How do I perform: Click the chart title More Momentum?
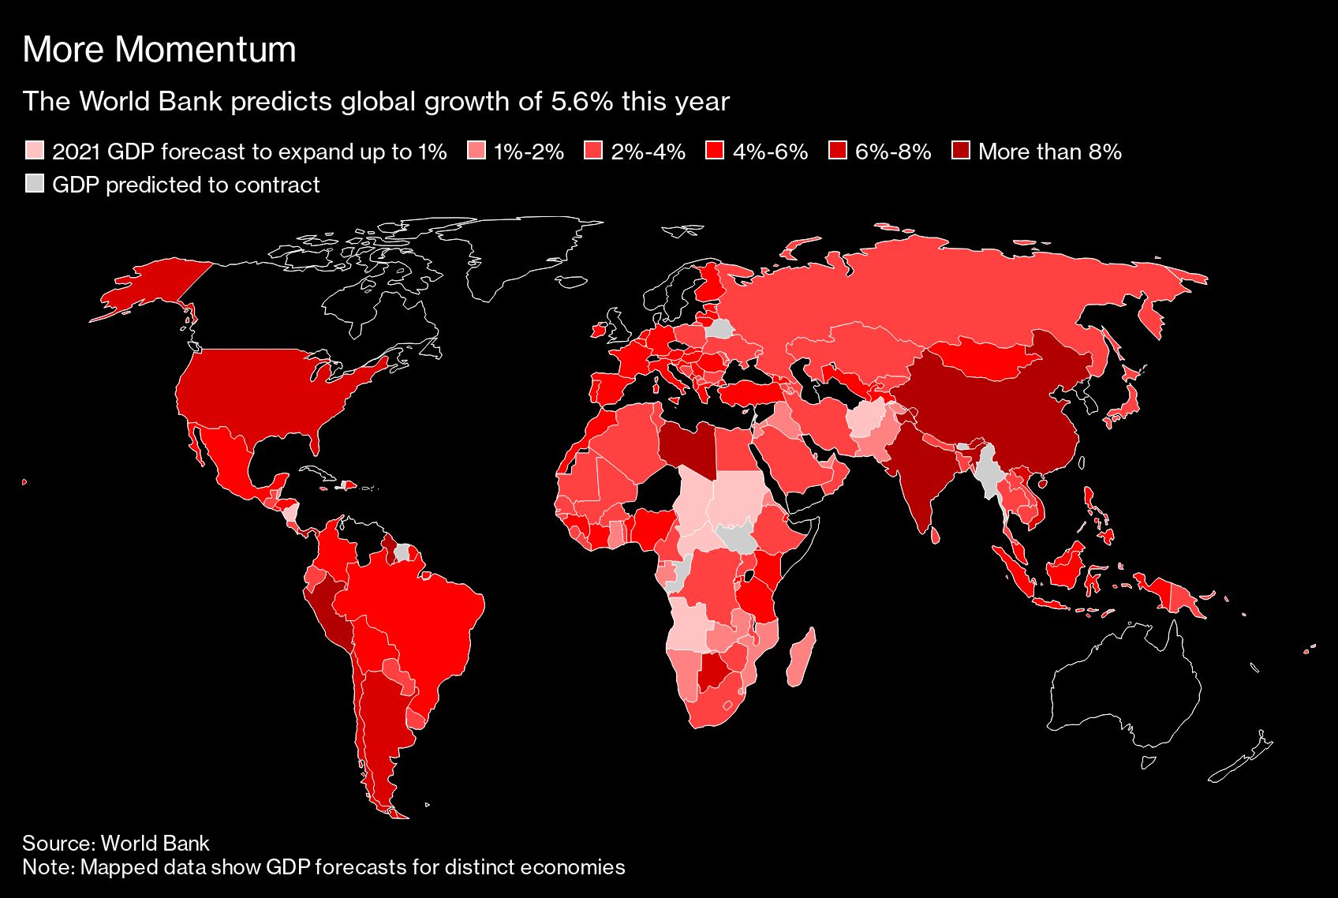pyautogui.click(x=159, y=50)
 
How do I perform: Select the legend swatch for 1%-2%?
pyautogui.click(x=477, y=151)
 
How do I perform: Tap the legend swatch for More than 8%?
pyautogui.click(x=961, y=151)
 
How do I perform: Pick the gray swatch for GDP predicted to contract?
pyautogui.click(x=35, y=184)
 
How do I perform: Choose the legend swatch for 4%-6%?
pyautogui.click(x=715, y=151)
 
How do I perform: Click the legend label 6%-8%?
pyautogui.click(x=893, y=152)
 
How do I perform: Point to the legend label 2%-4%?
pyautogui.click(x=648, y=152)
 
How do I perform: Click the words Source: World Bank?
pyautogui.click(x=116, y=843)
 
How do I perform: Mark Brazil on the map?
pyautogui.click(x=418, y=623)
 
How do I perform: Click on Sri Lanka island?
pyautogui.click(x=936, y=535)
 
